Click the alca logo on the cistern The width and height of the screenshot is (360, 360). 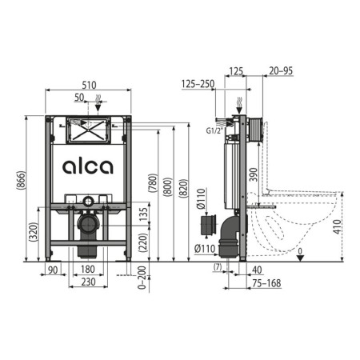(x=88, y=166)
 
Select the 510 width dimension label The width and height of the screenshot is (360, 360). (x=89, y=85)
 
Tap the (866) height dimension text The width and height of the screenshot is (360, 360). (x=21, y=181)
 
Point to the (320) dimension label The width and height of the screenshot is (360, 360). (x=34, y=232)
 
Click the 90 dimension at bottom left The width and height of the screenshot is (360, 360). (x=53, y=270)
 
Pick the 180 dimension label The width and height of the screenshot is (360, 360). (x=88, y=269)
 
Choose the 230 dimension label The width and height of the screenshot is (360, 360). (x=88, y=282)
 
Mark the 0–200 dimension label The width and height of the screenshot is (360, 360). (x=142, y=278)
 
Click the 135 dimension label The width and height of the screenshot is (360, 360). (x=143, y=214)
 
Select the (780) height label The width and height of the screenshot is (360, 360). (x=153, y=183)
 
